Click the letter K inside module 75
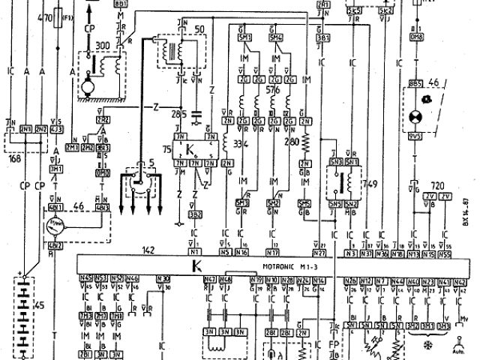pyautogui.click(x=192, y=148)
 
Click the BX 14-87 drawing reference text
pyautogui.click(x=466, y=211)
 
